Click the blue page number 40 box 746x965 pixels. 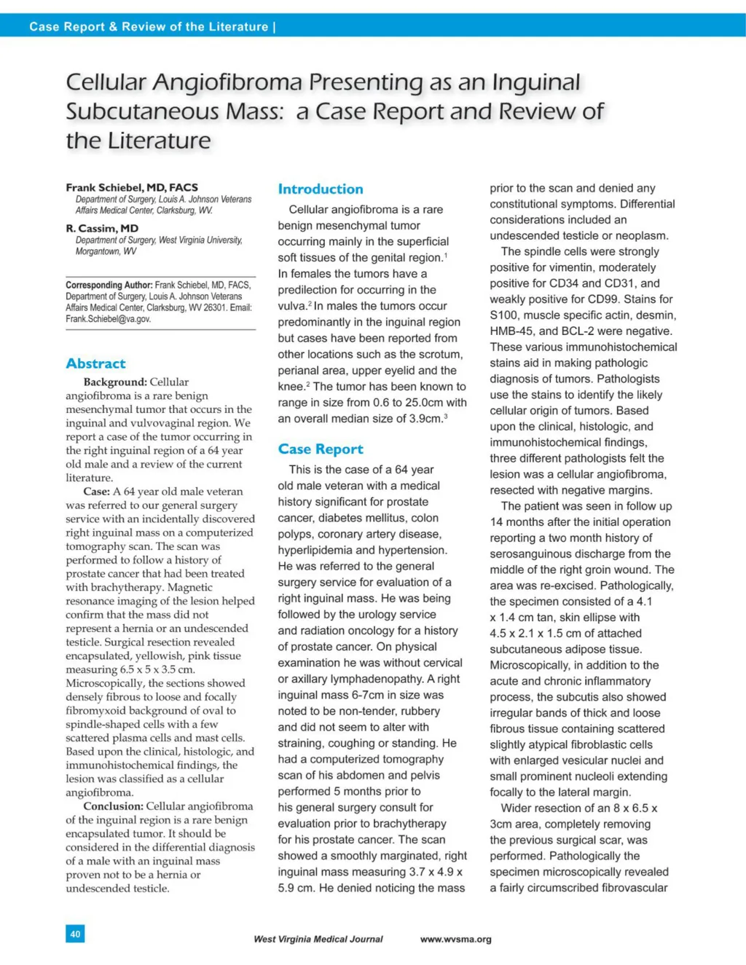pos(75,933)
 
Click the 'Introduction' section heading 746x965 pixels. pos(321,189)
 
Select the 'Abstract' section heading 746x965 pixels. pos(95,363)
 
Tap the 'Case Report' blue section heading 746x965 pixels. pos(321,449)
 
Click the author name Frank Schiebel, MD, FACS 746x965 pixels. pos(132,187)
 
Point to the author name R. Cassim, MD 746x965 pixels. pos(102,228)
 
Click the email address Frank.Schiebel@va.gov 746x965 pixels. pos(109,319)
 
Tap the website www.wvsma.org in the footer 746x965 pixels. pos(455,939)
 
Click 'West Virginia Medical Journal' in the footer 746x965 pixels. pos(318,939)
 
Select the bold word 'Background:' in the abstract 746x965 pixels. pos(115,382)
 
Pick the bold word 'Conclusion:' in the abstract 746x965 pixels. pos(114,806)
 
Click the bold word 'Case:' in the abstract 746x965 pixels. pos(97,492)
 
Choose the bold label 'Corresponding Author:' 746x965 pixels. pos(109,285)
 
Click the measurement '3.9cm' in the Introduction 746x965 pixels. pos(425,419)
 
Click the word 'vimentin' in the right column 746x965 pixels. pos(588,267)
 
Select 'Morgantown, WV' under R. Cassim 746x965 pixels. pos(106,251)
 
